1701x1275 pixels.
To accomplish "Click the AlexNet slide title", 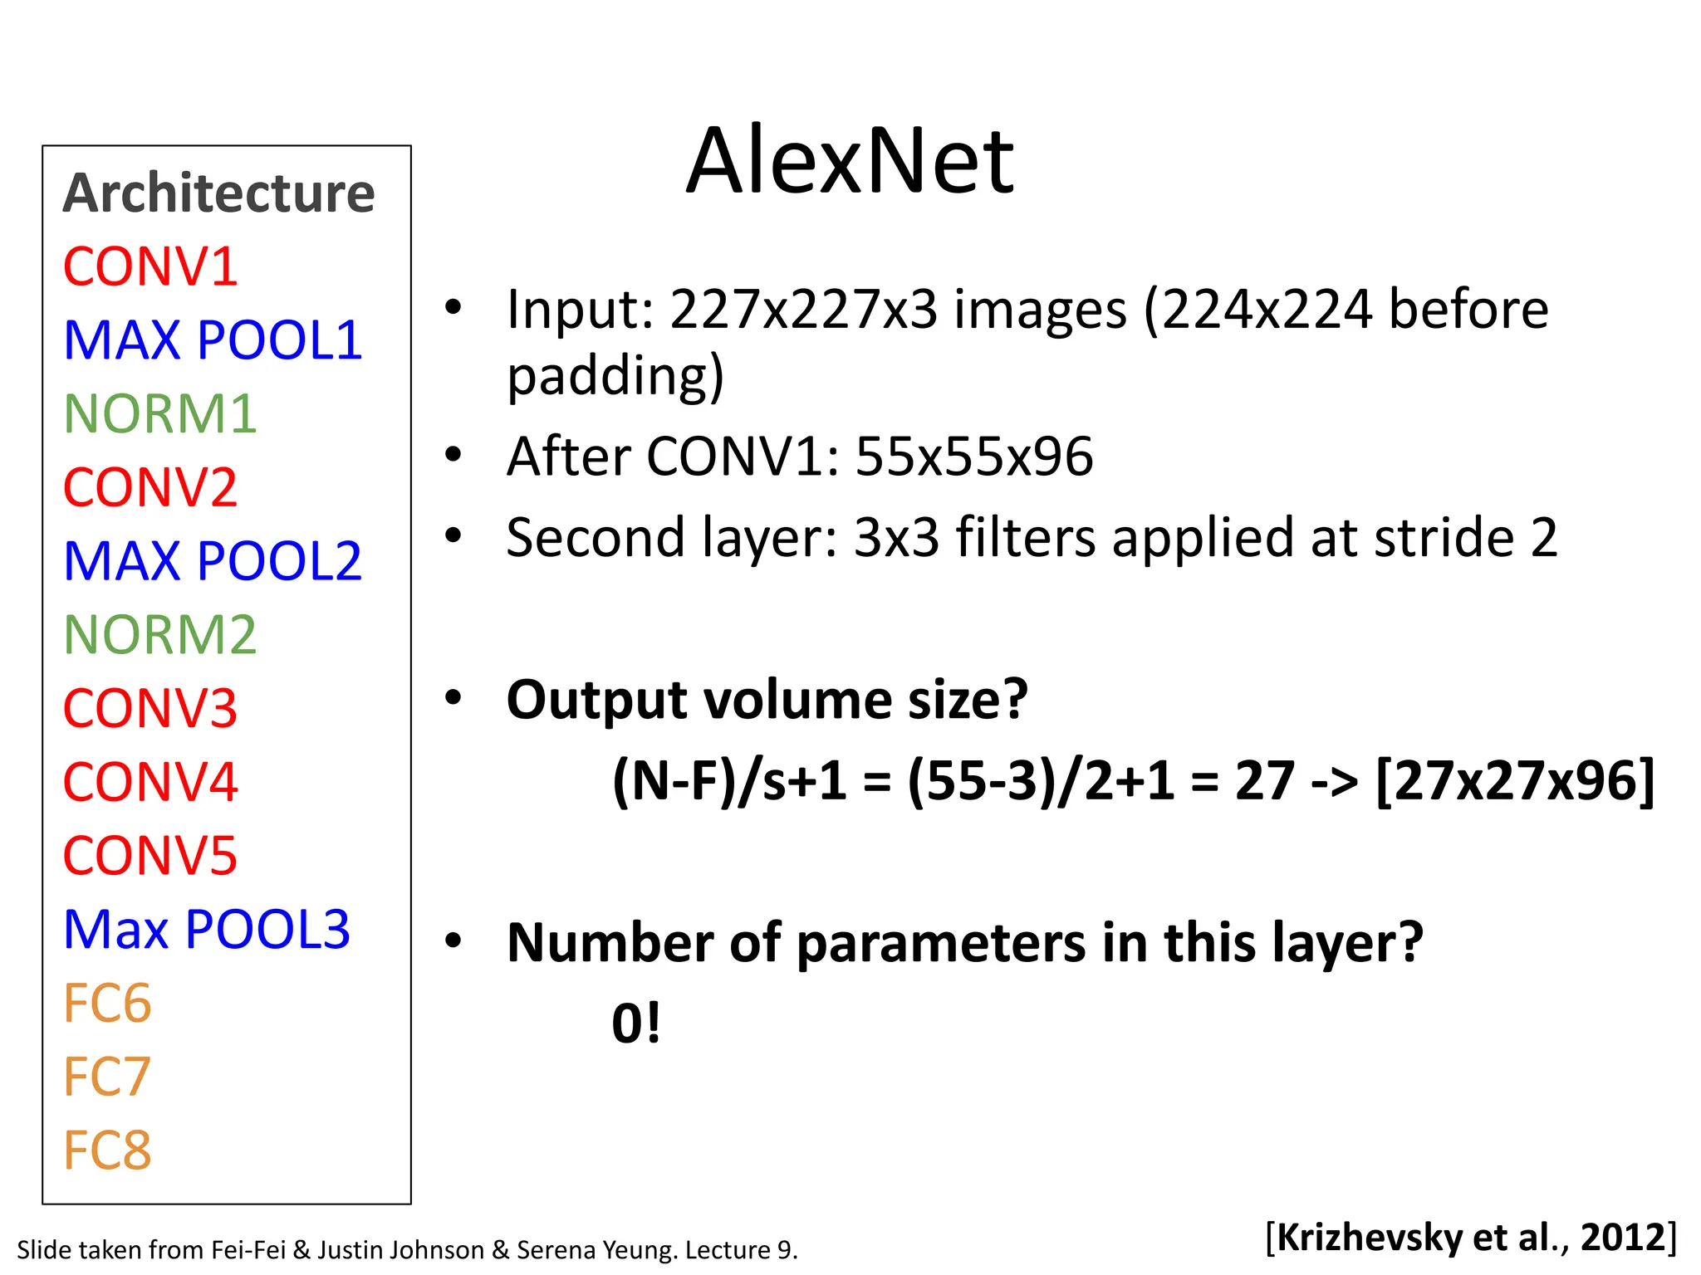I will (x=850, y=161).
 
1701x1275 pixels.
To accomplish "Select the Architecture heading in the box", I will (x=219, y=193).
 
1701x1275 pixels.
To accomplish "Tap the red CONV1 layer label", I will (x=150, y=267).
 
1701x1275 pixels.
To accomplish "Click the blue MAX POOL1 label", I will (x=213, y=340).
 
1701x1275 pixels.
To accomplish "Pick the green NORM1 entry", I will (x=159, y=413).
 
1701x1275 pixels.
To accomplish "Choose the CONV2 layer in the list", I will (x=150, y=487).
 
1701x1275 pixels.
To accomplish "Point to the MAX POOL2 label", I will (x=213, y=561).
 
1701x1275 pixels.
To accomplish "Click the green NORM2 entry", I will (x=159, y=635).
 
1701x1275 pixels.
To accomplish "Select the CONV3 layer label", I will (x=150, y=709).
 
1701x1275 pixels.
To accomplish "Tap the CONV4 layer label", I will (x=150, y=782).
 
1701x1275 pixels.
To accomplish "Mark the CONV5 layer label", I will (x=150, y=856).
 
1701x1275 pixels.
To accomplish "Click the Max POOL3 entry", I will (x=207, y=929).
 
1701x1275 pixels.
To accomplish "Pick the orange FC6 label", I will (x=107, y=1003).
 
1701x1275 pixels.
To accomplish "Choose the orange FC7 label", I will (x=107, y=1077).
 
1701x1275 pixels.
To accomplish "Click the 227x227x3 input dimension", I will (x=803, y=310).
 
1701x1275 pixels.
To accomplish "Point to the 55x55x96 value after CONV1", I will (x=973, y=457).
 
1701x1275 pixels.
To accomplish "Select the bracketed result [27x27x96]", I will (x=1515, y=781).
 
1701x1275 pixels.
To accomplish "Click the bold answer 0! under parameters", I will (x=636, y=1023).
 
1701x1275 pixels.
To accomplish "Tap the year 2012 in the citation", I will (x=1623, y=1237).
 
